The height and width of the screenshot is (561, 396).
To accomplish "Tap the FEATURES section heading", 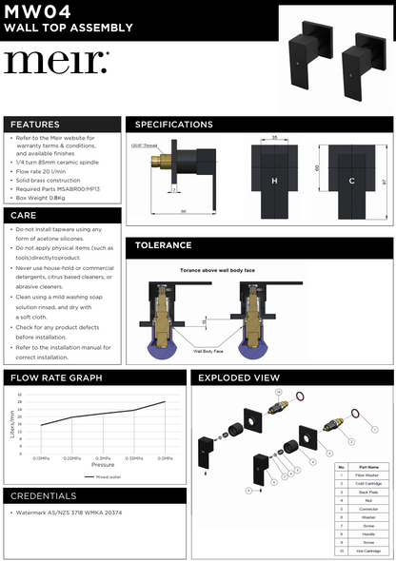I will point(35,125).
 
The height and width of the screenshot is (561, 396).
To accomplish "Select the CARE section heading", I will point(24,216).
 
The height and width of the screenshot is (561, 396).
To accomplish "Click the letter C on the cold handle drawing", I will point(351,181).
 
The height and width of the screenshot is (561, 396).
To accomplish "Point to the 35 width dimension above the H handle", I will point(273,138).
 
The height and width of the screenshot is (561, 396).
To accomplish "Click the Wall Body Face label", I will point(208,351).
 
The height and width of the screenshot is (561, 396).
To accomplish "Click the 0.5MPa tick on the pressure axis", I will point(165,457).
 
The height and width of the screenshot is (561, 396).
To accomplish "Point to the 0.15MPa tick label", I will point(42,457).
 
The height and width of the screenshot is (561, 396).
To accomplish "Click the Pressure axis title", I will point(103,465).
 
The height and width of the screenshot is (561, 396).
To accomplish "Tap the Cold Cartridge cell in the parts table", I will point(369,484).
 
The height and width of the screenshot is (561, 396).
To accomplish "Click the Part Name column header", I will point(369,467).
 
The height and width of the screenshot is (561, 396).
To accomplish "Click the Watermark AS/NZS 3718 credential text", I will point(69,513).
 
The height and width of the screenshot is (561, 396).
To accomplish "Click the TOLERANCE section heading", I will point(164,244).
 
